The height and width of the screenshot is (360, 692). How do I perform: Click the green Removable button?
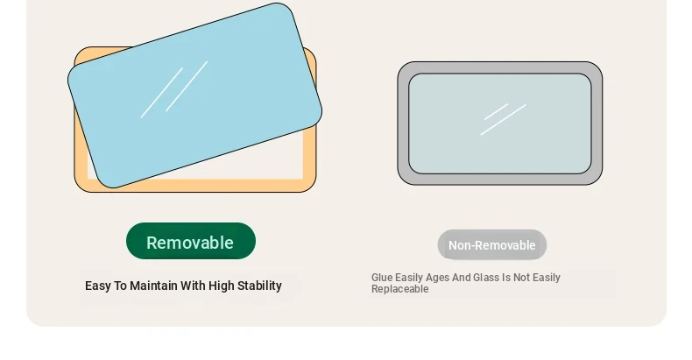pyautogui.click(x=191, y=241)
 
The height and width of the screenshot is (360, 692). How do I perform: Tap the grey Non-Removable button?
pyautogui.click(x=492, y=245)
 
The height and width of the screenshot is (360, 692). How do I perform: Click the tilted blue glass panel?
pyautogui.click(x=194, y=95)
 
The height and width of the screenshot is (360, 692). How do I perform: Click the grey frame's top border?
pyautogui.click(x=500, y=67)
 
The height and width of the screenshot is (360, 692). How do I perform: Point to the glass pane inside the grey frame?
pyautogui.click(x=500, y=124)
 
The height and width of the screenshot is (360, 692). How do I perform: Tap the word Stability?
pyautogui.click(x=259, y=286)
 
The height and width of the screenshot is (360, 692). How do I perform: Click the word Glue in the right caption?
pyautogui.click(x=382, y=278)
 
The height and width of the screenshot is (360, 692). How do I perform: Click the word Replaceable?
pyautogui.click(x=399, y=289)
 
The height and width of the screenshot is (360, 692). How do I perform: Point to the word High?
pyautogui.click(x=221, y=286)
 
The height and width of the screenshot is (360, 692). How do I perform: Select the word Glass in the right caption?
pyautogui.click(x=486, y=278)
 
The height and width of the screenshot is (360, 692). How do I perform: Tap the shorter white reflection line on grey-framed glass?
pyautogui.click(x=496, y=111)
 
